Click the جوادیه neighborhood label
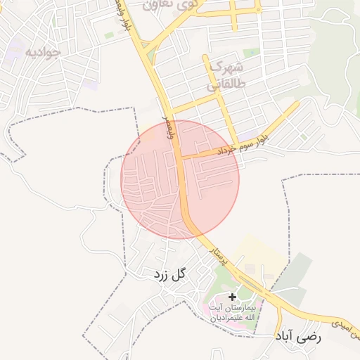click(43, 52)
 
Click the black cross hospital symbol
click(233, 297)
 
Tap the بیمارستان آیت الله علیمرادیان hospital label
click(232, 314)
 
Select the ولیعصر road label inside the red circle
click(169, 127)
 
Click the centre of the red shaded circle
click(180, 179)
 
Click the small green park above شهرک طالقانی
click(251, 53)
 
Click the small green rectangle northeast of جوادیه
click(109, 34)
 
